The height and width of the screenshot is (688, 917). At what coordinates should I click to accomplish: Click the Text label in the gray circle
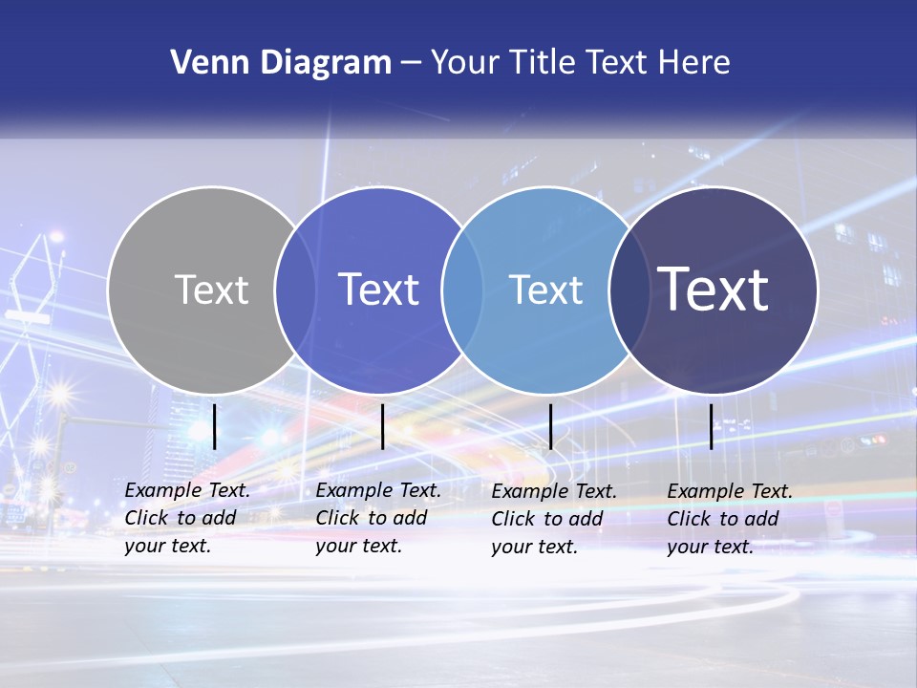tap(211, 290)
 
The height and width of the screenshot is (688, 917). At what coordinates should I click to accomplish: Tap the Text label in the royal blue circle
tap(378, 290)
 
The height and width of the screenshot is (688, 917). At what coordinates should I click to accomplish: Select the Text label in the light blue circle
tap(545, 290)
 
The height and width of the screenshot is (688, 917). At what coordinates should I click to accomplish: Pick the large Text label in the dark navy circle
tap(714, 290)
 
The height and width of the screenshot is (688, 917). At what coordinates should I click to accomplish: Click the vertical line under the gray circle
tap(214, 426)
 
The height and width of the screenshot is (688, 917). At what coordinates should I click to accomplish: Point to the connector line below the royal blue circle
tap(382, 426)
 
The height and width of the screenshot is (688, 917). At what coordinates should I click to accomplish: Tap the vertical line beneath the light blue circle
tap(550, 426)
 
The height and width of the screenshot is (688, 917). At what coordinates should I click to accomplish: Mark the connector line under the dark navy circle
tap(711, 426)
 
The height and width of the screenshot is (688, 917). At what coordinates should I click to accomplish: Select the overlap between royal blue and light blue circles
tap(462, 290)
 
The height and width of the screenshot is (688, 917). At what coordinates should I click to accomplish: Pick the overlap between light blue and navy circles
tap(629, 290)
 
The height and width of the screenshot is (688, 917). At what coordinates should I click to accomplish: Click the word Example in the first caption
tap(160, 490)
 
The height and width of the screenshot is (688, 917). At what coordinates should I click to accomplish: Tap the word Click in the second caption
tap(336, 518)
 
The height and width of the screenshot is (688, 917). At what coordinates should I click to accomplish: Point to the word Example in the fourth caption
tap(703, 491)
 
